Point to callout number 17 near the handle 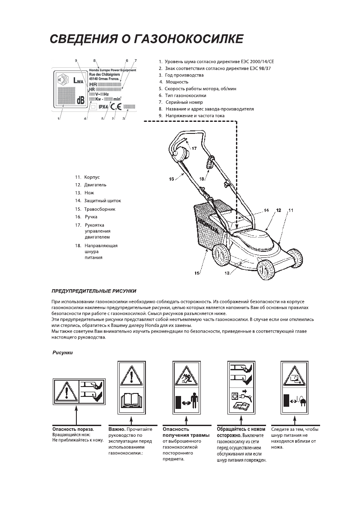click(194, 148)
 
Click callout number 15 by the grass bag click(197, 272)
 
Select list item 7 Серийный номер click(184, 102)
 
